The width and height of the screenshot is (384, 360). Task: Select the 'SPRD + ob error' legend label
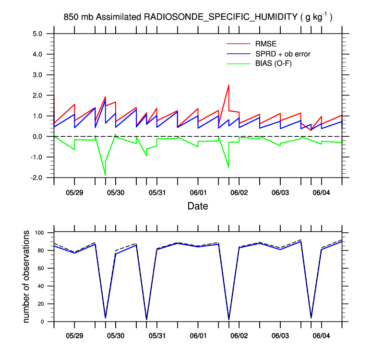pyautogui.click(x=283, y=54)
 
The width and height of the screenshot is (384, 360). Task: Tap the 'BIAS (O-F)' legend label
pyautogui.click(x=275, y=63)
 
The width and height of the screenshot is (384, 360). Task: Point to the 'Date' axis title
pyautogui.click(x=198, y=206)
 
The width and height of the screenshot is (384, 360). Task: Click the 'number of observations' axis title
pyautogui.click(x=27, y=276)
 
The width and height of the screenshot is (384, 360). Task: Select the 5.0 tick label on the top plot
pyautogui.click(x=37, y=34)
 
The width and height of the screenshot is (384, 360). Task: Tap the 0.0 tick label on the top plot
pyautogui.click(x=37, y=136)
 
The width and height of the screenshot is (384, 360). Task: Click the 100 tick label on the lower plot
pyautogui.click(x=39, y=233)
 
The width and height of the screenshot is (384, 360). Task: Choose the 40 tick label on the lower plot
pyautogui.click(x=40, y=286)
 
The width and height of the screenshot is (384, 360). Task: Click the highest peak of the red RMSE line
pyautogui.click(x=228, y=85)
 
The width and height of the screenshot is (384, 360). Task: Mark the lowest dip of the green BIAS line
pyautogui.click(x=105, y=175)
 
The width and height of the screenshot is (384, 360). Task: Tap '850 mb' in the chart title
pyautogui.click(x=78, y=17)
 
